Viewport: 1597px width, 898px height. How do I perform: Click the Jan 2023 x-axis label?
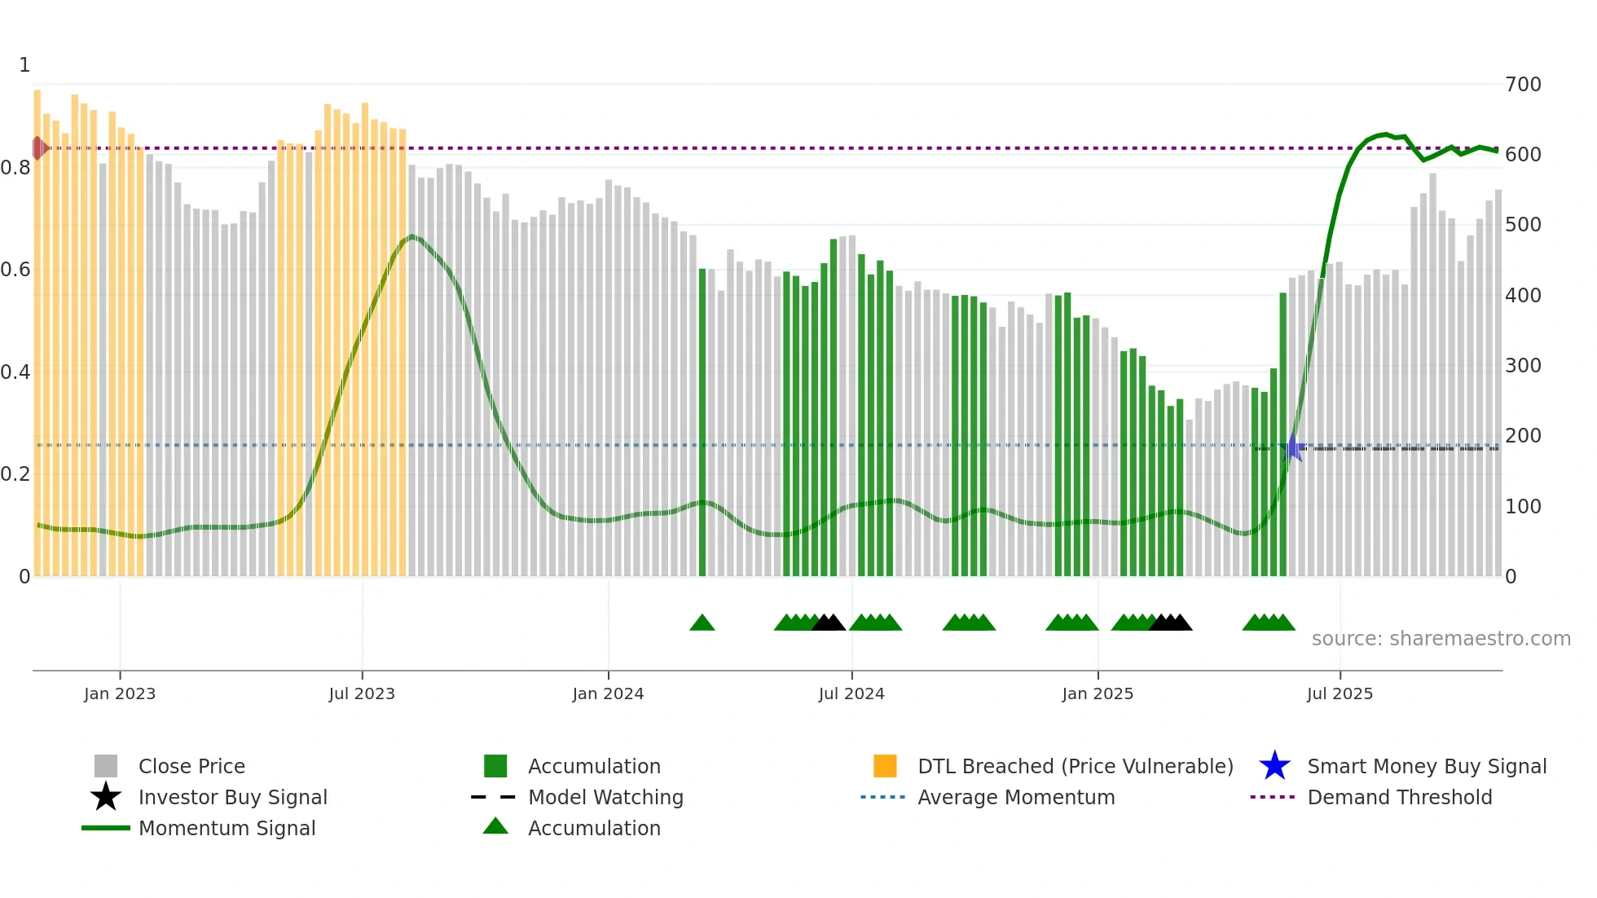[x=120, y=693]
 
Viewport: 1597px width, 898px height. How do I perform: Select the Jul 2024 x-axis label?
[x=851, y=693]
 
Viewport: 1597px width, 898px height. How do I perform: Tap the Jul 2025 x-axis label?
[x=1340, y=693]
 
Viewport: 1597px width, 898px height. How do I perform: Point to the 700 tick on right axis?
[x=1523, y=85]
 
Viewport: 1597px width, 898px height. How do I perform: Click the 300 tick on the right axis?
[x=1523, y=366]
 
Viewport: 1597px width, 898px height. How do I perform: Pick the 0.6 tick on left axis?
[x=15, y=270]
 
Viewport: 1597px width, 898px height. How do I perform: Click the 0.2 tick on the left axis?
[x=15, y=474]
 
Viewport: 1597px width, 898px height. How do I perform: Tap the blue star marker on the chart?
[x=1293, y=447]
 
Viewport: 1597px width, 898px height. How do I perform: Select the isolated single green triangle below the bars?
[x=702, y=623]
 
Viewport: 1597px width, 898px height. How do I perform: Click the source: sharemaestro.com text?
[x=1441, y=639]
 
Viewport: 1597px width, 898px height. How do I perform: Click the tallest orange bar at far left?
[x=37, y=326]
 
